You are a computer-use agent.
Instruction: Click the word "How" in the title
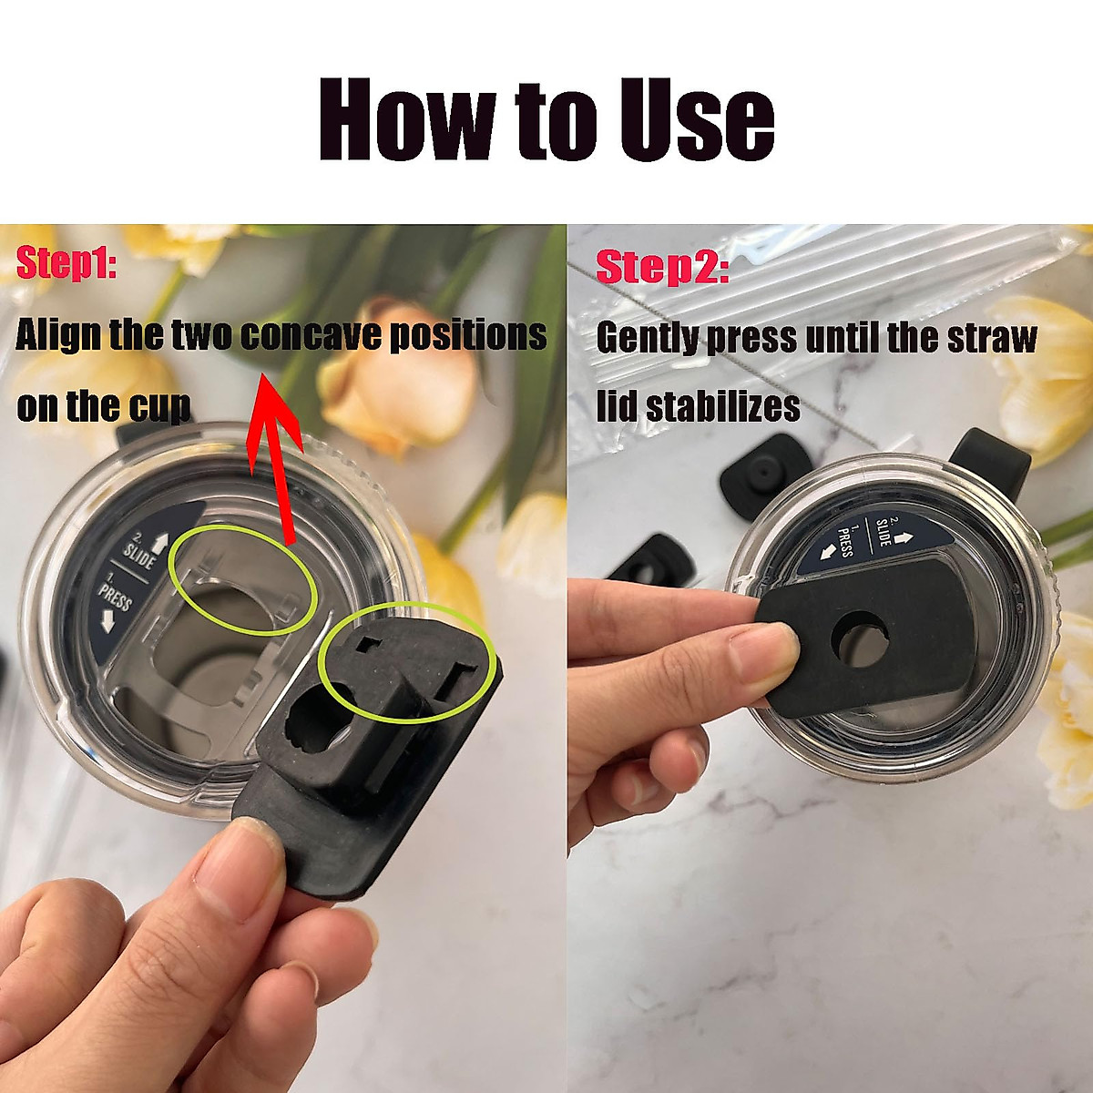click(406, 120)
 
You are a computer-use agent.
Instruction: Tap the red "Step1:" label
click(66, 263)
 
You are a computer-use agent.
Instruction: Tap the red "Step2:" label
click(662, 268)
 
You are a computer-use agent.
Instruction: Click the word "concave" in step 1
click(310, 336)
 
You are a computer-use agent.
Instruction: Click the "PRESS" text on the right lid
click(845, 543)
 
